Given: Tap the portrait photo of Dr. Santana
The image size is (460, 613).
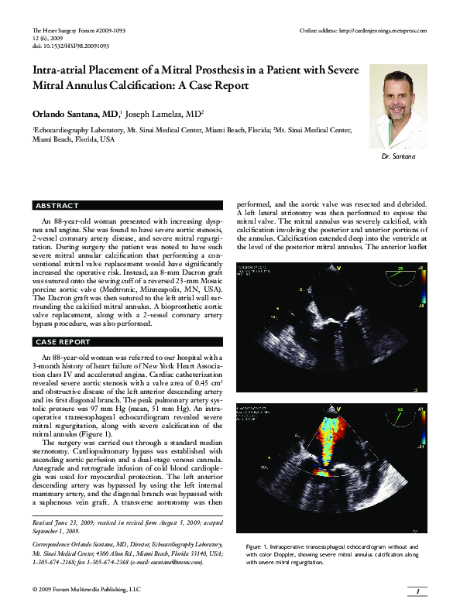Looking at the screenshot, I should tap(398, 106).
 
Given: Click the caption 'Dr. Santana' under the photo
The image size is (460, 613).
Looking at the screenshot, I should tap(398, 157).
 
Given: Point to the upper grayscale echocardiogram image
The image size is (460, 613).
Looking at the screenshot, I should tap(331, 327).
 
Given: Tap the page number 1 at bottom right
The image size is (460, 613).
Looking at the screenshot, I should tap(417, 592).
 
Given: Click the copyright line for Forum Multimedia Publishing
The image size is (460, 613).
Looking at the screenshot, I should tap(87, 591).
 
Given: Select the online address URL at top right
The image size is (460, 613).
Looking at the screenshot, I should tap(363, 30).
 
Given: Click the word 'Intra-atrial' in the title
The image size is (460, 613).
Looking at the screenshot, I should tap(64, 70).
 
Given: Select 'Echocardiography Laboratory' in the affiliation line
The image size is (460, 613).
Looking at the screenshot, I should tap(79, 132).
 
